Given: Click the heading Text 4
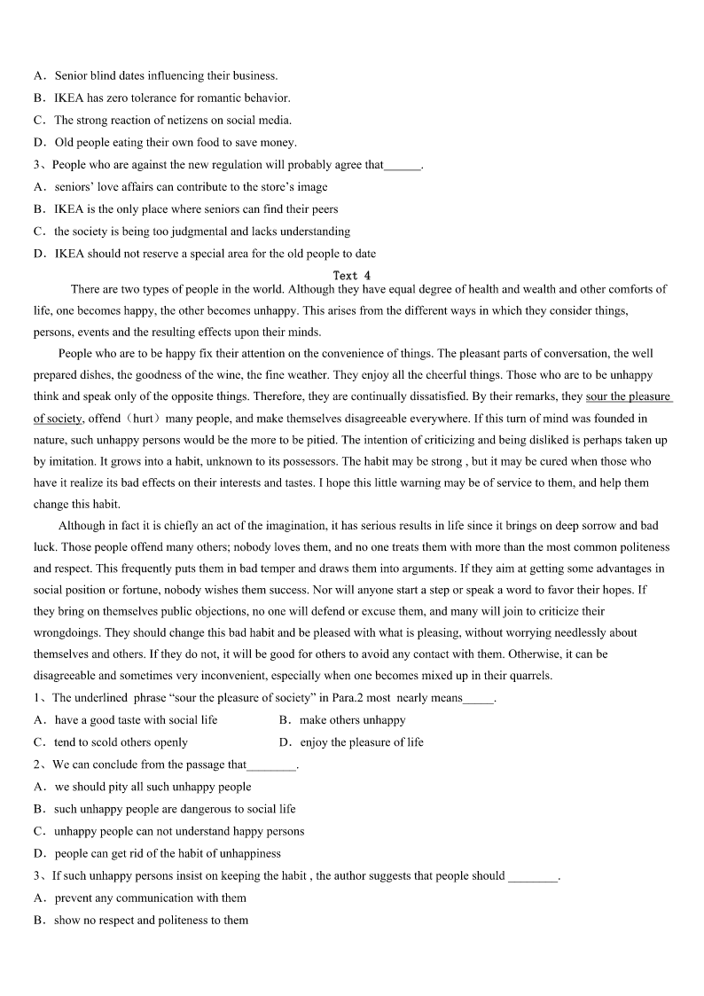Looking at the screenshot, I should [x=352, y=276].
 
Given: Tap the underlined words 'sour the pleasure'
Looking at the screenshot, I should [x=628, y=396].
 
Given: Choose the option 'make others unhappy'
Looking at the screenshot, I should [x=352, y=720].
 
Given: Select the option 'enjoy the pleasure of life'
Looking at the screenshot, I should [x=362, y=742].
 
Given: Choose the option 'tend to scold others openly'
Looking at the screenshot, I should [x=121, y=742].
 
